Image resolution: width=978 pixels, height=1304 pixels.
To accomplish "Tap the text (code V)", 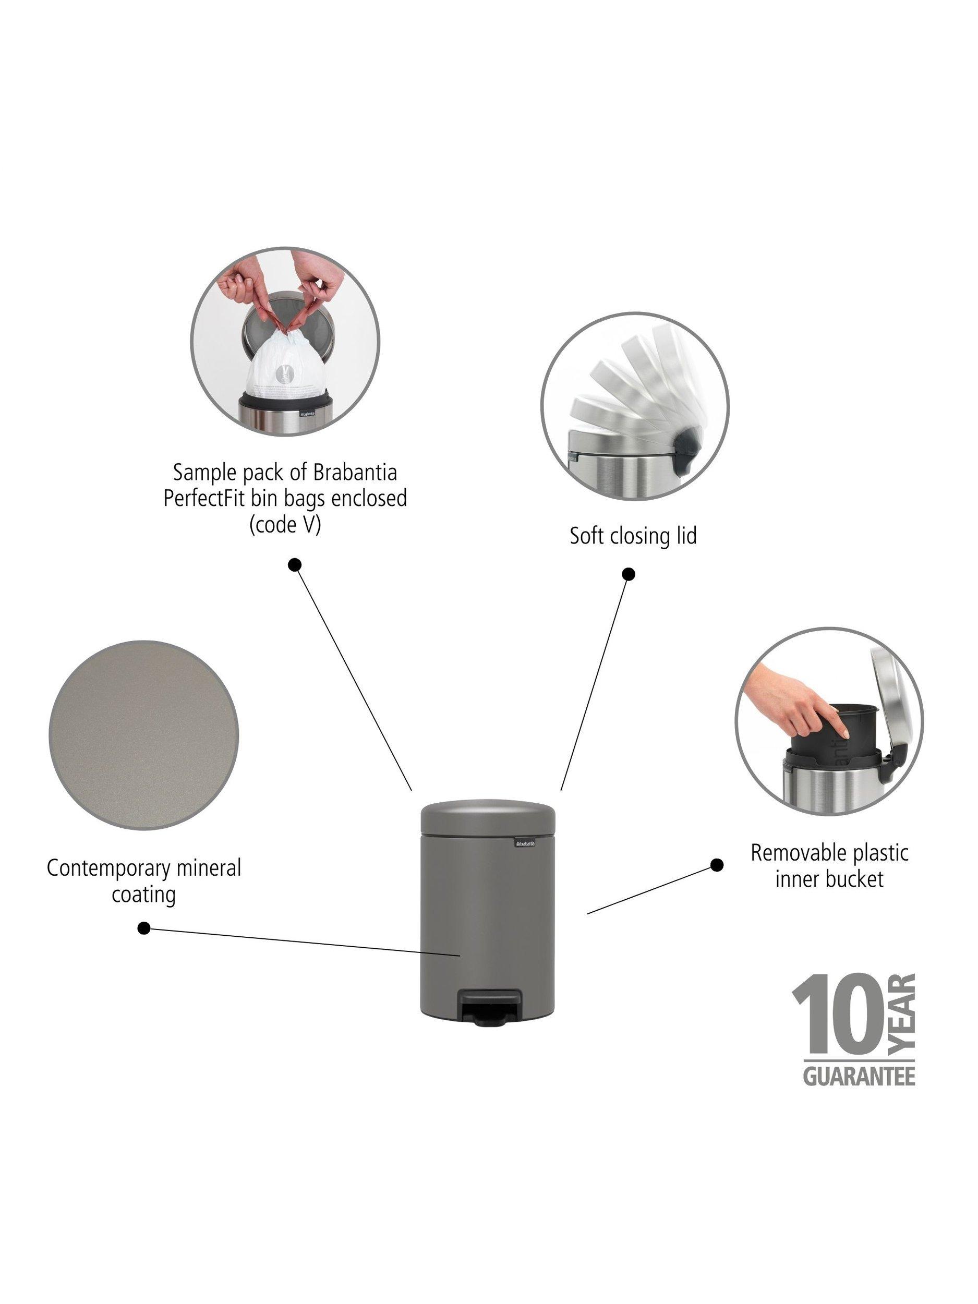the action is [285, 524].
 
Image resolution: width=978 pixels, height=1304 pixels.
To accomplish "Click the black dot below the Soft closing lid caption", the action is [629, 574].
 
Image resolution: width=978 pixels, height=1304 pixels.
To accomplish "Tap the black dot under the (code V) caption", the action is [295, 565].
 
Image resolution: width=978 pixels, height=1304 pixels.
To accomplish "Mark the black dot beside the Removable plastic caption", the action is [717, 865].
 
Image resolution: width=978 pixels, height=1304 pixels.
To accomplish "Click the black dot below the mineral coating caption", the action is [143, 928].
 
